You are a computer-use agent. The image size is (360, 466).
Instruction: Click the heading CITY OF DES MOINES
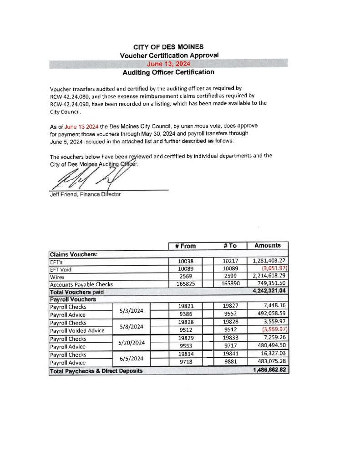(x=168, y=47)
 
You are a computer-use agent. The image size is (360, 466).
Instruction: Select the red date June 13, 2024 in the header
(x=168, y=64)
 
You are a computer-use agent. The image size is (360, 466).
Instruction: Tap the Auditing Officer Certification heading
(x=168, y=72)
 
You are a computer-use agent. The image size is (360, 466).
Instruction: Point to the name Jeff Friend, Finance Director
(x=85, y=195)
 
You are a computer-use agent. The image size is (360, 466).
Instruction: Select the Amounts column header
(x=267, y=246)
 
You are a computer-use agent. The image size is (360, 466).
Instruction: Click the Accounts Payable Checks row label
(x=81, y=284)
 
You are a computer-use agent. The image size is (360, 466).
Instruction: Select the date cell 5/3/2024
(x=131, y=311)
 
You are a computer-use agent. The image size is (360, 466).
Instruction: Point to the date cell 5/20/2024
(x=131, y=342)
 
